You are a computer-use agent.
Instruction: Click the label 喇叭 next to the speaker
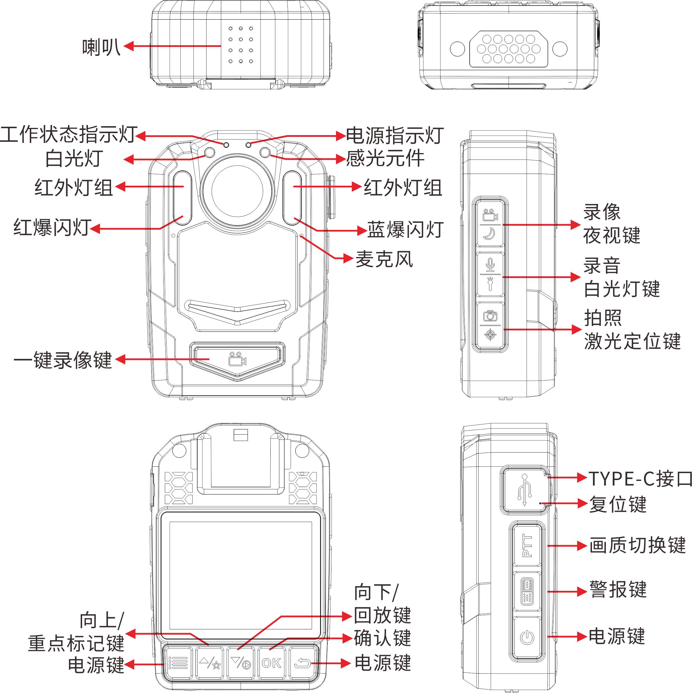[x=101, y=47]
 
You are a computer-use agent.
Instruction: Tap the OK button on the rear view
[x=272, y=663]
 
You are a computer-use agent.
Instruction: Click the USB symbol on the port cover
[x=525, y=490]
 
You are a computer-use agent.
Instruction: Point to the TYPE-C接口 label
[x=640, y=479]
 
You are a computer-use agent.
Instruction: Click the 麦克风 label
[x=384, y=259]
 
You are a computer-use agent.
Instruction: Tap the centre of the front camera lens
[x=237, y=191]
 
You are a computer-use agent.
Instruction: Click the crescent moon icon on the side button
[x=489, y=234]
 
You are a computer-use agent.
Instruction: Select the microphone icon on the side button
[x=490, y=265]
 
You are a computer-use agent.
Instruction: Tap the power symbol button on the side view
[x=527, y=637]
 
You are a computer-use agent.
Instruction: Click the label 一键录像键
[x=63, y=360]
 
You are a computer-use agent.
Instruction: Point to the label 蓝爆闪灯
[x=405, y=229]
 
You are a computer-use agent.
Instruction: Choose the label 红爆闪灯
[x=52, y=227]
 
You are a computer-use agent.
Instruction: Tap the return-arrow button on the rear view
[x=302, y=663]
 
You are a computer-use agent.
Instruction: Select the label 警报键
[x=618, y=589]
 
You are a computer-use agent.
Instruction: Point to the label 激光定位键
[x=632, y=341]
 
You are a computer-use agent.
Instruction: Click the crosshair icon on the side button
[x=490, y=335]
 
